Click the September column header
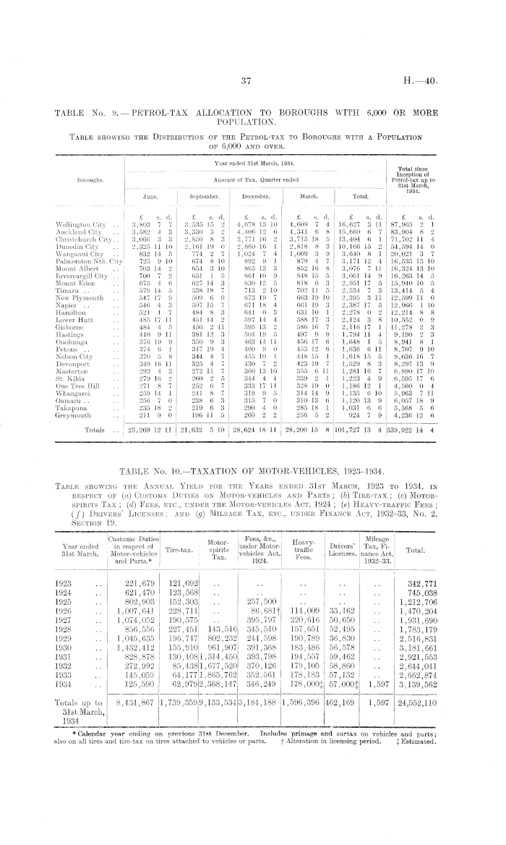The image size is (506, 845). click(x=205, y=195)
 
